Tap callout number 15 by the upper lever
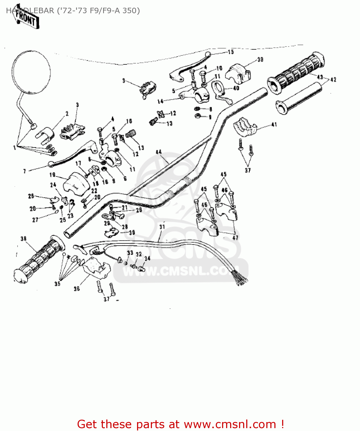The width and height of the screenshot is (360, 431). point(231,52)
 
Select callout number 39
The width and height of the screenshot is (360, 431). point(260,59)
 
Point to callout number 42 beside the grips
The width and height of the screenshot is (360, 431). point(333,80)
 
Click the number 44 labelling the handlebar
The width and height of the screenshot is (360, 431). point(159,152)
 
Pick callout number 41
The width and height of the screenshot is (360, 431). point(274,124)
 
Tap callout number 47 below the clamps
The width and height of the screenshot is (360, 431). point(235,238)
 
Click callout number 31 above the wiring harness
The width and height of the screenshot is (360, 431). point(162,227)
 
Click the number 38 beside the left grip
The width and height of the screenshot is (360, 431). point(24,238)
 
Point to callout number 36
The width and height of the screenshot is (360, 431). point(77,288)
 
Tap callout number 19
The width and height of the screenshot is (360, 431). point(52,175)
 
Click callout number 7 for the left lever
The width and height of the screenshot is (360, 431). point(25,171)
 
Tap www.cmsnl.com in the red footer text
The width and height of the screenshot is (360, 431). point(230,424)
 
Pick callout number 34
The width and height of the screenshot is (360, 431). point(147,259)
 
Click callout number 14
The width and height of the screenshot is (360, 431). point(160,101)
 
